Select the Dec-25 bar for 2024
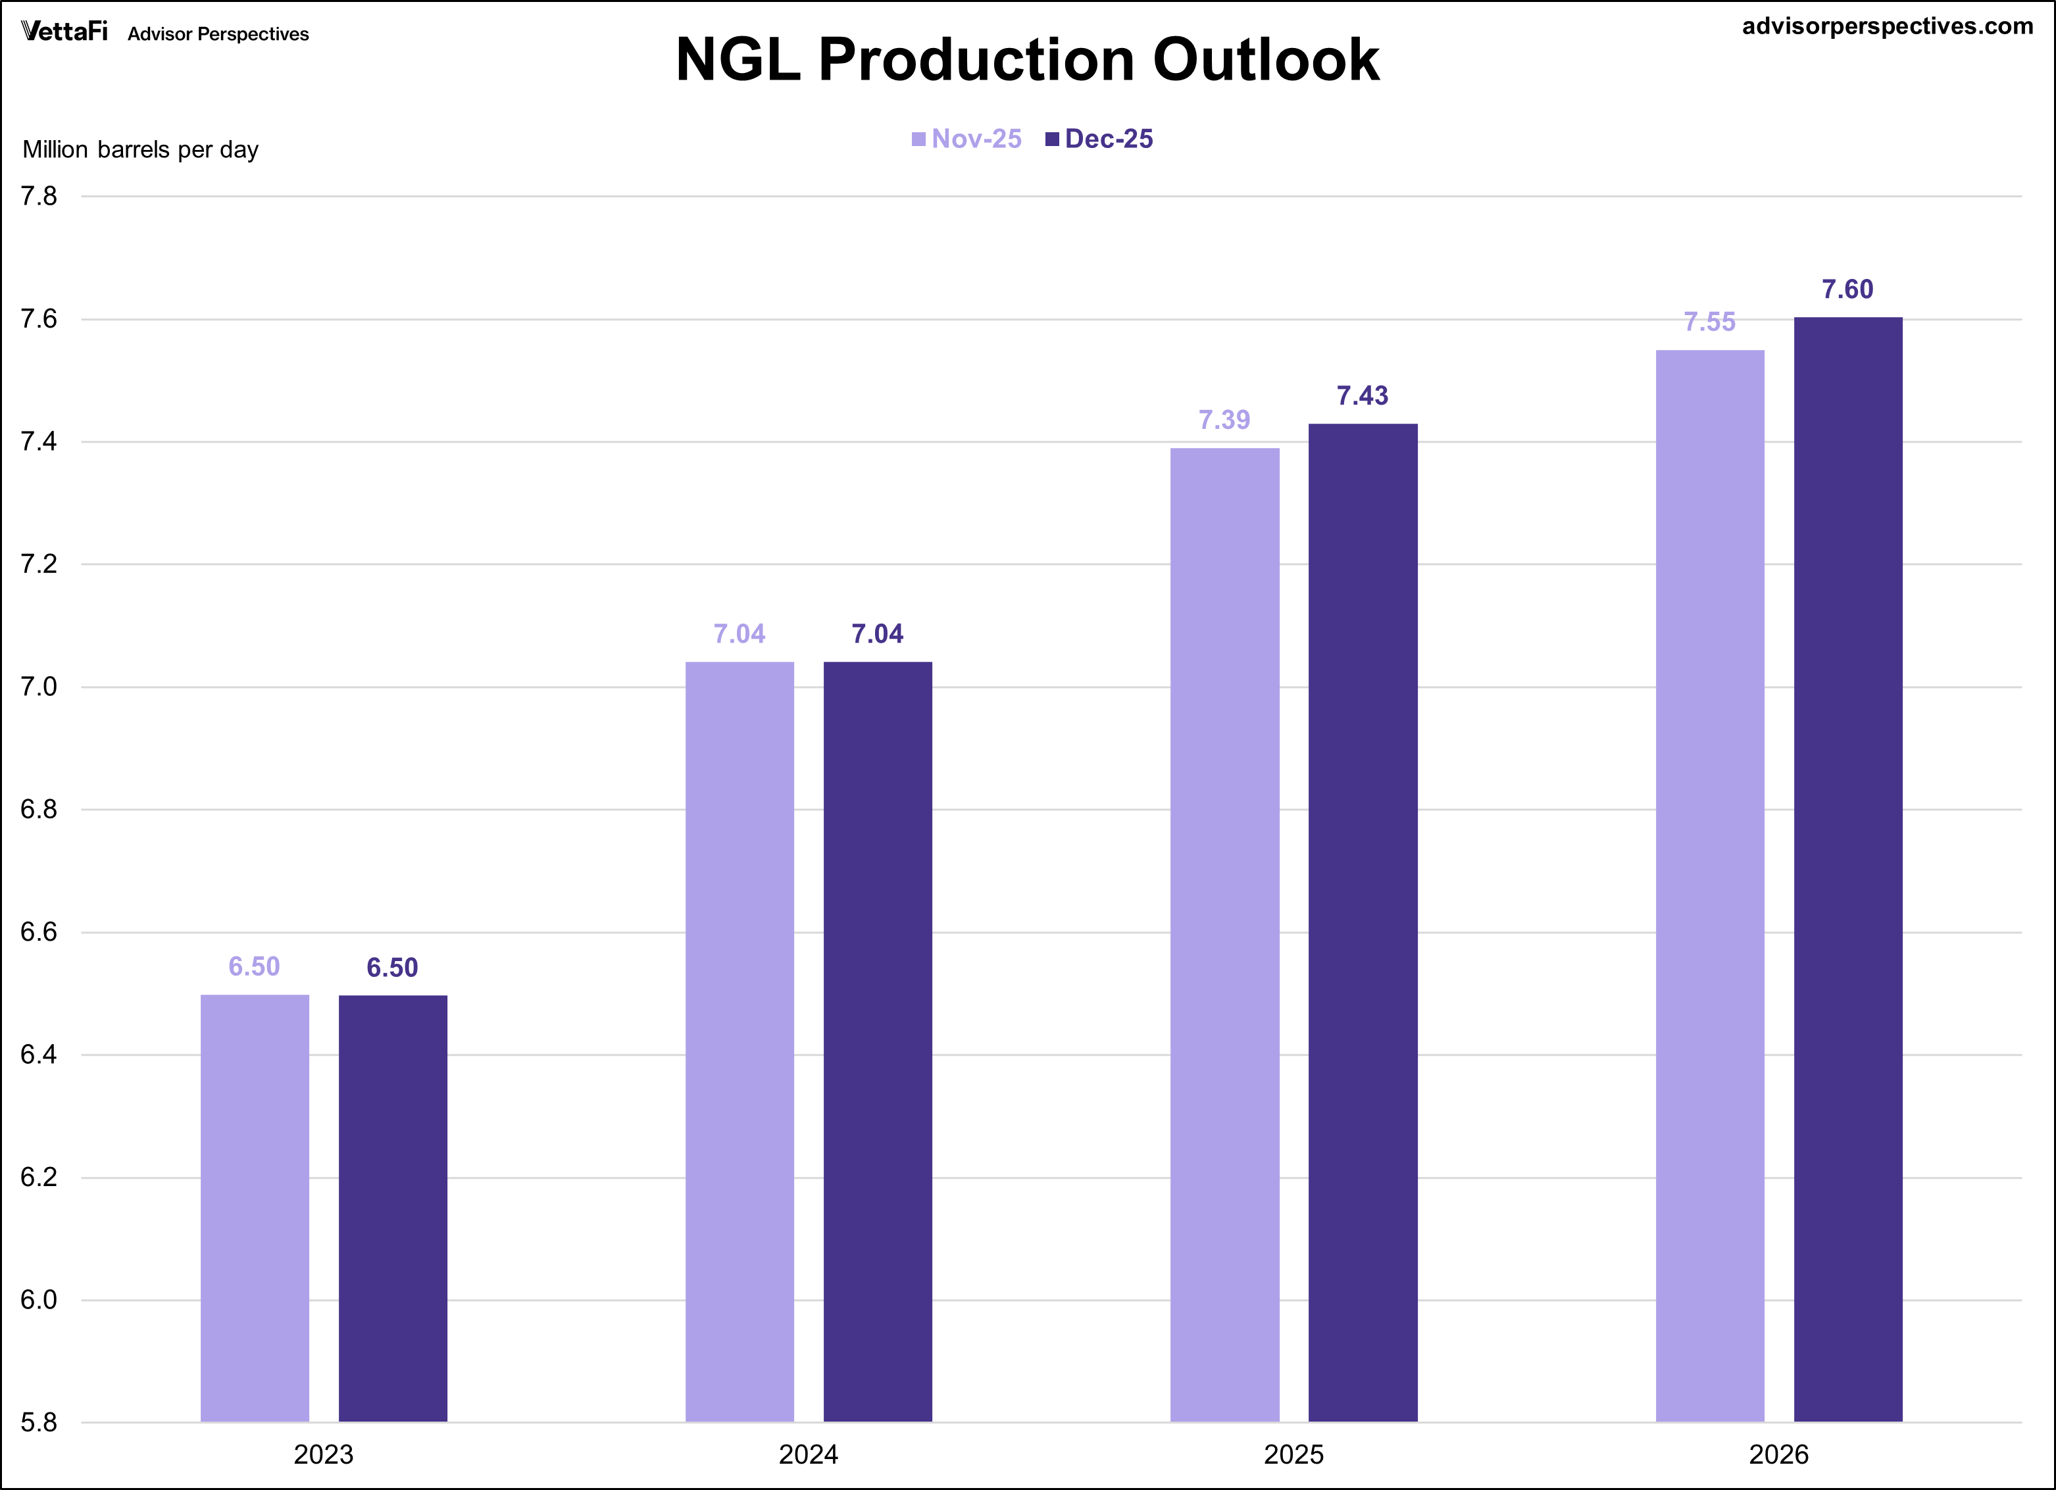878,1041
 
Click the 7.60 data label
1847,289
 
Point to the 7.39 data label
1224,420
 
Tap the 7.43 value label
1362,395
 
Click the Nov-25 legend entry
966,139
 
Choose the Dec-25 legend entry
1099,139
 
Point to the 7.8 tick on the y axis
39,196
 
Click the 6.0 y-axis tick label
39,1300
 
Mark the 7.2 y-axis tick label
39,564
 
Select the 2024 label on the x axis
808,1454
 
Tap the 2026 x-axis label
1778,1454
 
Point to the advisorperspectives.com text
1888,26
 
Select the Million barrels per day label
141,149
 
